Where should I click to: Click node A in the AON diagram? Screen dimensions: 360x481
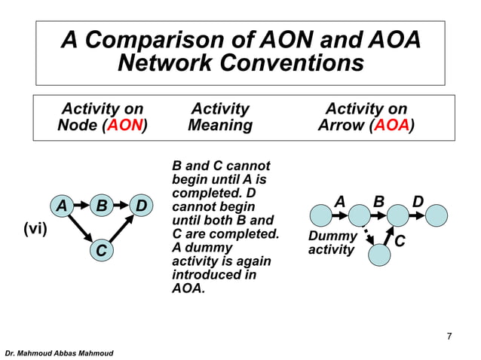pos(61,206)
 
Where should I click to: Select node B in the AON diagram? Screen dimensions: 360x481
pos(101,206)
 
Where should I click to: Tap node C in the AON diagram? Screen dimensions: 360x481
pos(100,249)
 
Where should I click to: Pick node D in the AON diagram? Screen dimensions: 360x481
pos(140,206)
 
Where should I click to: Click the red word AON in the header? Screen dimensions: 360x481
pos(124,125)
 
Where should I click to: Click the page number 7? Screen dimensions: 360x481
pos(449,336)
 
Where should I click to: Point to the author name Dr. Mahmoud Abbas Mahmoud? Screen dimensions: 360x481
pos(59,352)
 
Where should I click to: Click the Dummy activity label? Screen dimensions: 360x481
pos(332,243)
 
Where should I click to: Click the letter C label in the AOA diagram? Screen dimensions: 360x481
pos(400,242)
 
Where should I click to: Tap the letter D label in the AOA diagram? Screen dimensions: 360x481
pos(418,202)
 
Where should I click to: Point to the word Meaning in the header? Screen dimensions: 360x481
pos(219,125)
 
